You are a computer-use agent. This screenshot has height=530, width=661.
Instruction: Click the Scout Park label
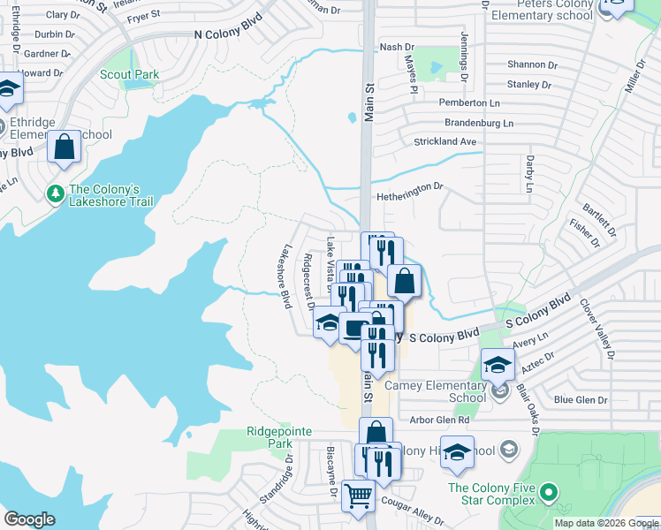click(130, 75)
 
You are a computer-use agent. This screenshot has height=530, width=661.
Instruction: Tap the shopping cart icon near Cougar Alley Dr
click(358, 496)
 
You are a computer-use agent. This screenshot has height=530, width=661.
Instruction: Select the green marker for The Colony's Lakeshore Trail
click(55, 192)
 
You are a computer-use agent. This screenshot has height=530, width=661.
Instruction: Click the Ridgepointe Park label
click(279, 437)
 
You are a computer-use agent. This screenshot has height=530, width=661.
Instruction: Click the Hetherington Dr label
click(409, 187)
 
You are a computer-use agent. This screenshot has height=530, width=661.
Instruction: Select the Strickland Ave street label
click(446, 141)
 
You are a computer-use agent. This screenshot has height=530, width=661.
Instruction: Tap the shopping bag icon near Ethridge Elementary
click(65, 147)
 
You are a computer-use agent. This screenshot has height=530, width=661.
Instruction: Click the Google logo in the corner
click(30, 519)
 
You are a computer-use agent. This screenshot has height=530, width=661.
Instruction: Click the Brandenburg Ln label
click(478, 123)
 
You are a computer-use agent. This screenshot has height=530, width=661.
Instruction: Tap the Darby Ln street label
click(530, 175)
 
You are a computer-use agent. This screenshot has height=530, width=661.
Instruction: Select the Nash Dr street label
click(396, 47)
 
